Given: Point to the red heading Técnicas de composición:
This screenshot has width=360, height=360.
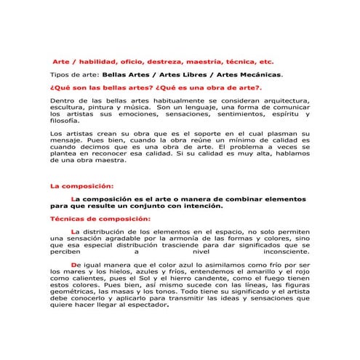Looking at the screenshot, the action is (x=100, y=218).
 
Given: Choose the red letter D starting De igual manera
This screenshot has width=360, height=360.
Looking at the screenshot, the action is (x=74, y=265).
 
